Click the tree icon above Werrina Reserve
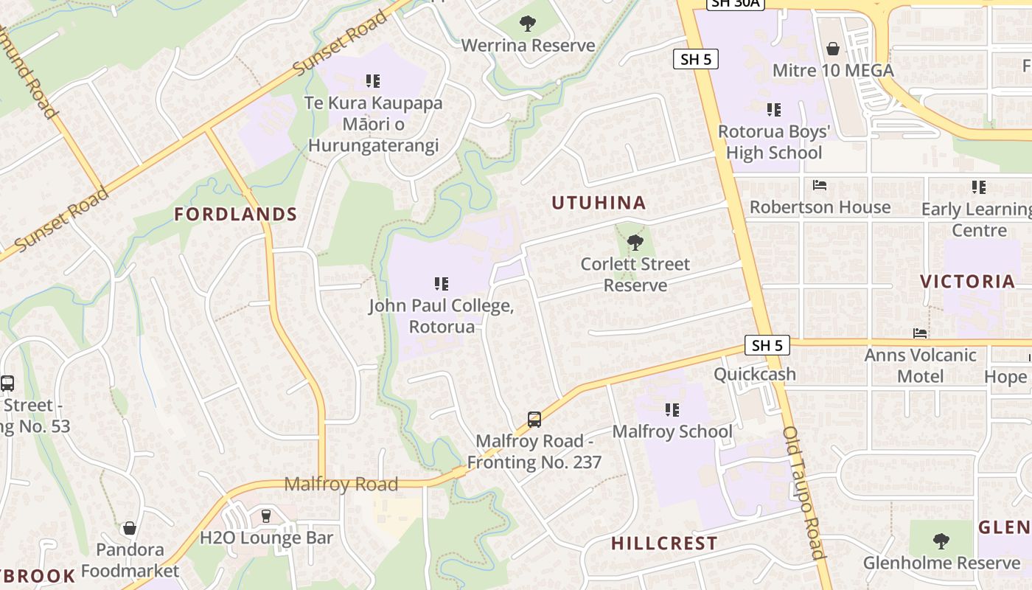527,24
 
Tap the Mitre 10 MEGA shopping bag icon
833,49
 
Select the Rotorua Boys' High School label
774,142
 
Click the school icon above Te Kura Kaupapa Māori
373,80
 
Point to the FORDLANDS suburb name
235,215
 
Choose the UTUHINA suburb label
599,203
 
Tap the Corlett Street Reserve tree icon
635,242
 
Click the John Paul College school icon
442,283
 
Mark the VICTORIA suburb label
967,281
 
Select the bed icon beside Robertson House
820,185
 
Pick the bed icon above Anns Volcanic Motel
919,333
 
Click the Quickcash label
755,374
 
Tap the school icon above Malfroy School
672,409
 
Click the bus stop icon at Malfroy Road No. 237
534,420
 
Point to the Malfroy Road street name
341,485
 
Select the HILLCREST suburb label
664,544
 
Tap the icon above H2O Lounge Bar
266,516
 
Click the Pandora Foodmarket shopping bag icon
130,528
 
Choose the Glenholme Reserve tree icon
941,541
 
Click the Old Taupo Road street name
803,492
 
